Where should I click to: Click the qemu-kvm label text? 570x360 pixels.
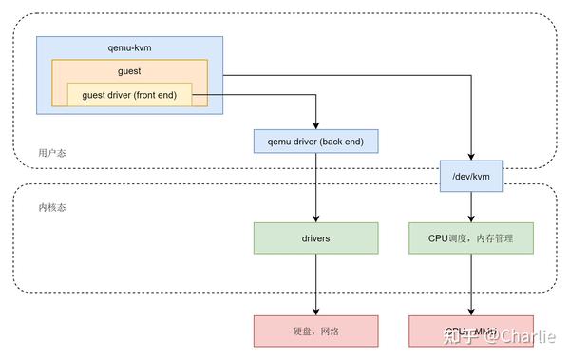pos(129,47)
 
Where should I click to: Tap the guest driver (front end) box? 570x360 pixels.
pos(129,95)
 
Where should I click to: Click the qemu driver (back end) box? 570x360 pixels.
pos(315,142)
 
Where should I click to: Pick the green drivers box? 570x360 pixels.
pos(315,238)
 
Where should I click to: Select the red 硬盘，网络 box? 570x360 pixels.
pos(315,331)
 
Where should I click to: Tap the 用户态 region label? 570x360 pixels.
pos(52,153)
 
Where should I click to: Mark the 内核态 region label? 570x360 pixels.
pos(52,207)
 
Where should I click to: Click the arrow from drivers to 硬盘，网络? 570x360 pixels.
pos(315,284)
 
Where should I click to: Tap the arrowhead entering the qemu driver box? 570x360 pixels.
pos(315,125)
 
